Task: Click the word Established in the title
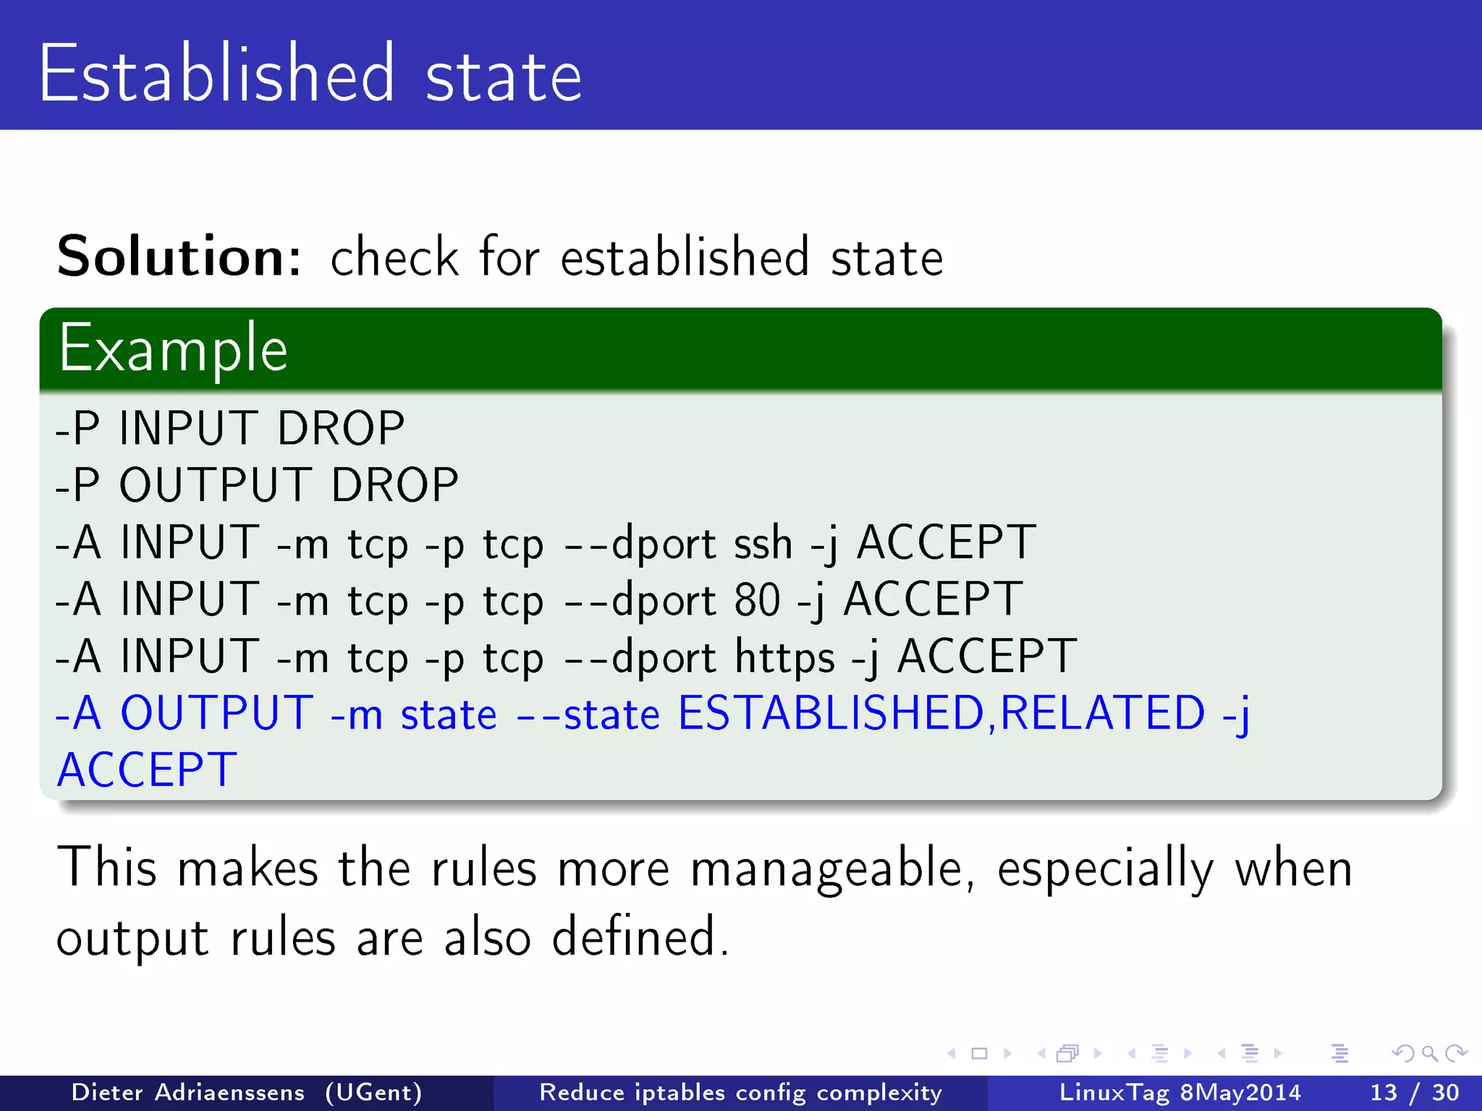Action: (217, 74)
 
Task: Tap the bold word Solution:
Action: (178, 257)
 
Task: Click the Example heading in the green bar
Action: (174, 349)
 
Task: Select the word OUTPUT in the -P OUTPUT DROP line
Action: (216, 485)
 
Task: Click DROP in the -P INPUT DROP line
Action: (341, 428)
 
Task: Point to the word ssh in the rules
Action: (763, 542)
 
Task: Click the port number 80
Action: (757, 600)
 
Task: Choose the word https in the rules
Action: (784, 657)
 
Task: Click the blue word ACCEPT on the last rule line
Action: (148, 770)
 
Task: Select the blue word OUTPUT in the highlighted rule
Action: (216, 713)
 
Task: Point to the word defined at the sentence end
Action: (640, 937)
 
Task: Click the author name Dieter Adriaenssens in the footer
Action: (188, 1092)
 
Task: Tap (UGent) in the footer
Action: (373, 1092)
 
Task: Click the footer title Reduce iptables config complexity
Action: (741, 1092)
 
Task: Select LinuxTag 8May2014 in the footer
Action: (1180, 1092)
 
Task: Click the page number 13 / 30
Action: (1415, 1092)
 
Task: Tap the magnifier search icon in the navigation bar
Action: (1429, 1053)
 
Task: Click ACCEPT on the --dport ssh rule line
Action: (947, 542)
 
